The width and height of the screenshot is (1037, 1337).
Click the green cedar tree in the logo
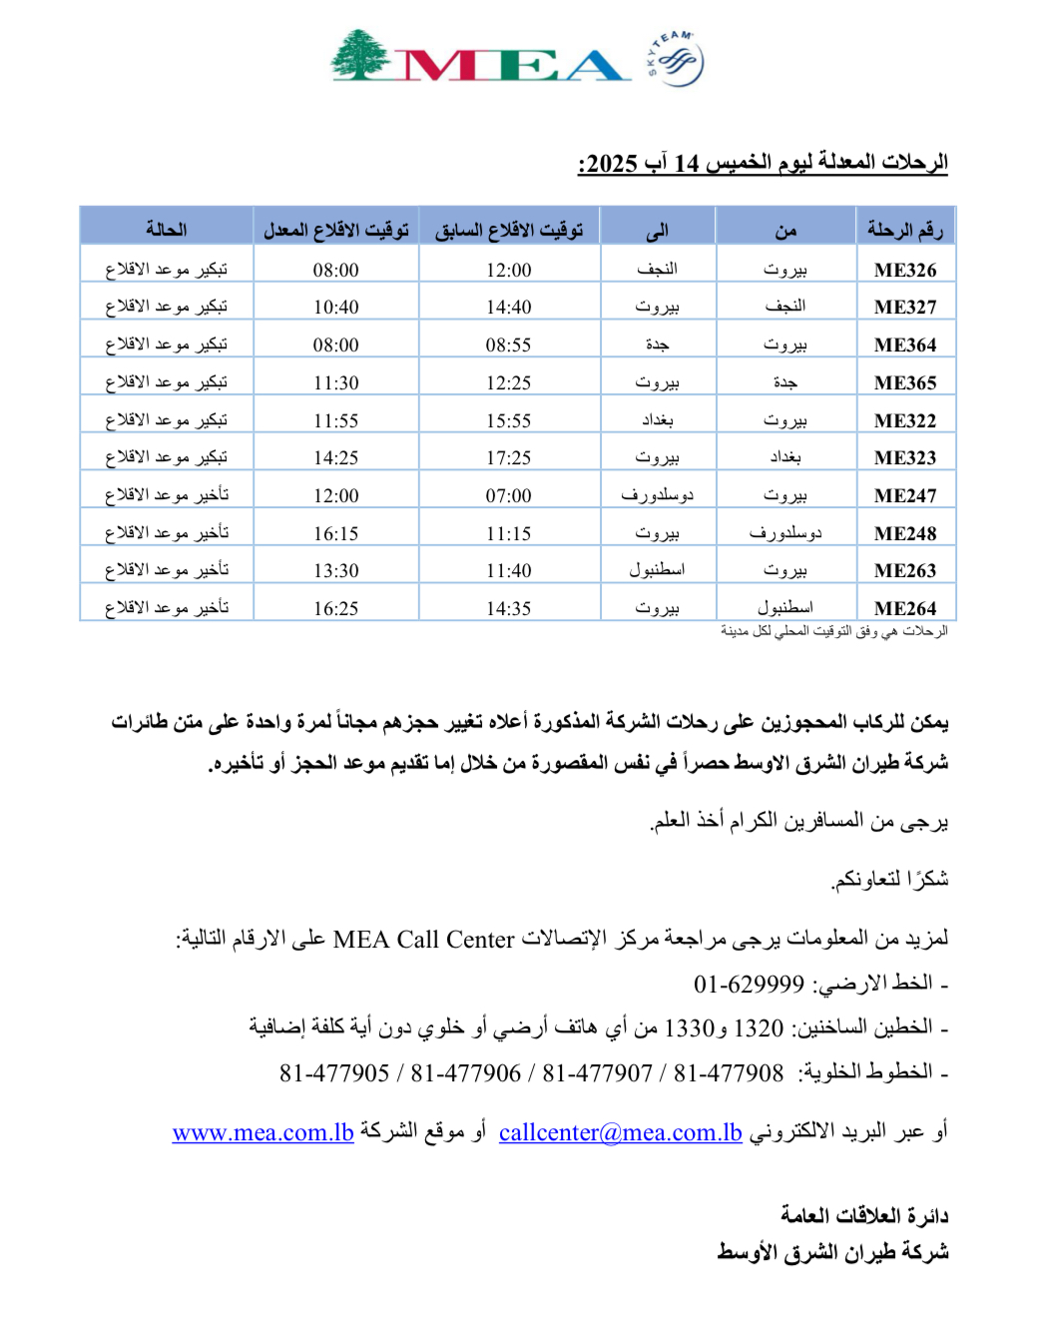click(360, 55)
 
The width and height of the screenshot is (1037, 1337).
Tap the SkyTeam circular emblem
click(676, 60)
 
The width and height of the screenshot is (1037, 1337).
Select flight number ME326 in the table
click(904, 270)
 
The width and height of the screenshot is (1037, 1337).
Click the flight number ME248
click(904, 533)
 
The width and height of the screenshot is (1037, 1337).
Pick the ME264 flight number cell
click(904, 608)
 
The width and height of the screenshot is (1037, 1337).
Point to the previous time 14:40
click(508, 308)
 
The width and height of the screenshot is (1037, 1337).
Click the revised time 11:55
click(335, 420)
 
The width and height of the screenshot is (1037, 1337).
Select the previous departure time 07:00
click(508, 495)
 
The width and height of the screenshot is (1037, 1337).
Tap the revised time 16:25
click(335, 608)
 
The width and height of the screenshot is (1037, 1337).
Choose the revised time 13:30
click(335, 570)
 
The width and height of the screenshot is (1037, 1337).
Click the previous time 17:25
click(508, 457)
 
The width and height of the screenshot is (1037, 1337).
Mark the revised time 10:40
click(335, 308)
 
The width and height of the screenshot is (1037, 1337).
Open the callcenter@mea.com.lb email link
click(620, 1132)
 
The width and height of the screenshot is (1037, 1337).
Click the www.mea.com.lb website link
click(262, 1132)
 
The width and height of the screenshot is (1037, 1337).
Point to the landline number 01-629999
click(749, 985)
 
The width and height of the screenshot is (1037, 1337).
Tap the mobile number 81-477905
click(334, 1073)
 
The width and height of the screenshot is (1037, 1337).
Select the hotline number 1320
click(759, 1027)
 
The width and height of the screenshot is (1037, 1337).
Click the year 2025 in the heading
click(611, 164)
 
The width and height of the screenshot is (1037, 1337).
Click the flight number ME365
click(904, 382)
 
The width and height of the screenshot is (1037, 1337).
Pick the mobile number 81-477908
click(729, 1073)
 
